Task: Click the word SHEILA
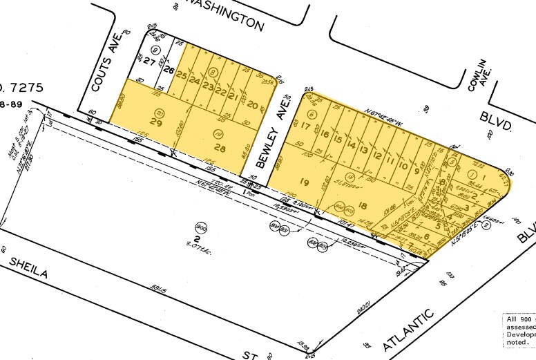pos(28,268)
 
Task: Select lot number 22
pos(221,93)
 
